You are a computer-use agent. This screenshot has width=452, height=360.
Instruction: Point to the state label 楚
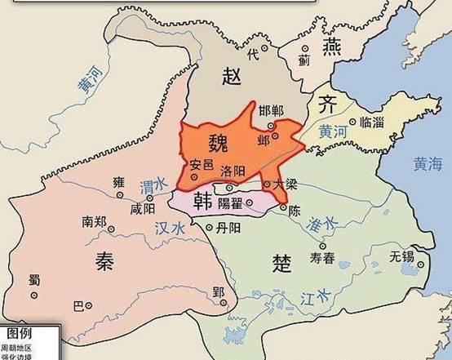coord(281,263)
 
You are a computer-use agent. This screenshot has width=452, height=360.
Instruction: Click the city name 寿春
coord(323,258)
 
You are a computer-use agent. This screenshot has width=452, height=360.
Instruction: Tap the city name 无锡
coord(403,256)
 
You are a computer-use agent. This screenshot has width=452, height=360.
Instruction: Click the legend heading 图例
coord(20,334)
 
